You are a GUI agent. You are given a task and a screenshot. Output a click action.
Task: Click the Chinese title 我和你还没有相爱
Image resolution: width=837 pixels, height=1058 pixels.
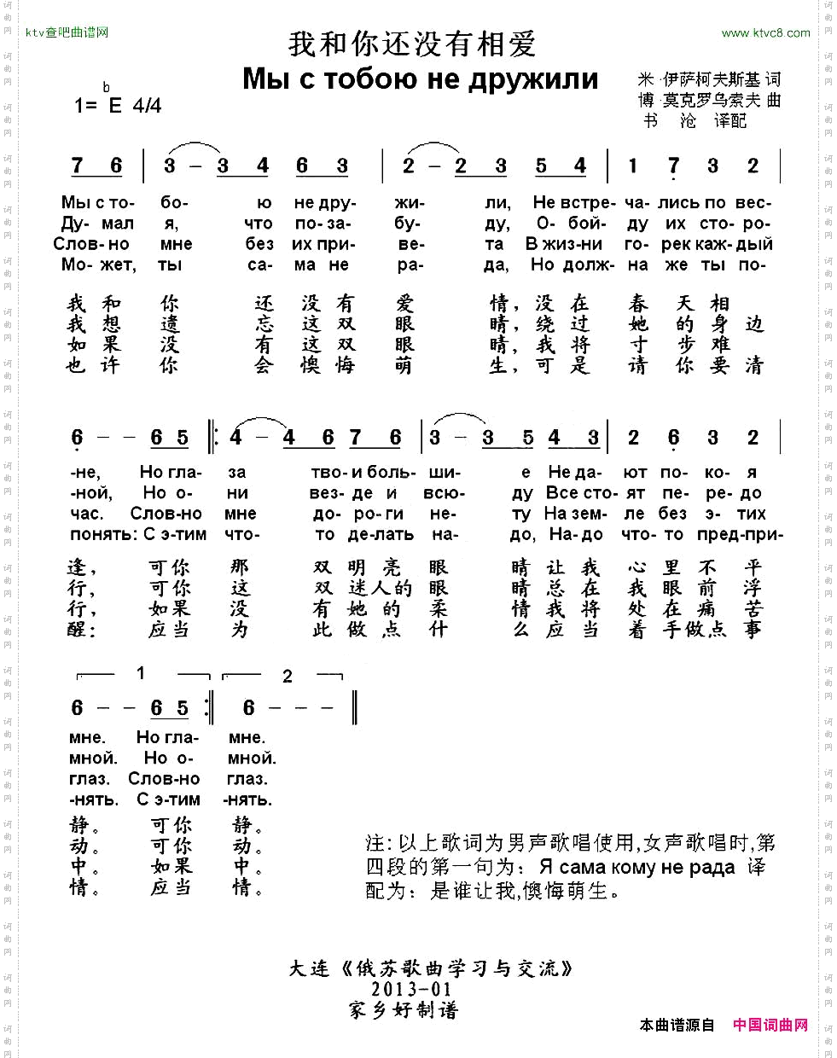(411, 44)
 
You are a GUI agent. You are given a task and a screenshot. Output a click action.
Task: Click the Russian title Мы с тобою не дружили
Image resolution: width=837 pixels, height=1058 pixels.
(420, 78)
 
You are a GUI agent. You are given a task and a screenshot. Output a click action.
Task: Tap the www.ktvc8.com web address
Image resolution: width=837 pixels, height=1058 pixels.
(765, 33)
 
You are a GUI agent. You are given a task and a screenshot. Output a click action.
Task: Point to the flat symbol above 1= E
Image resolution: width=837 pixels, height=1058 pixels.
(107, 87)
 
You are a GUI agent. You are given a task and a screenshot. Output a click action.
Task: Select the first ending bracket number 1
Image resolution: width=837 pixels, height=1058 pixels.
(141, 674)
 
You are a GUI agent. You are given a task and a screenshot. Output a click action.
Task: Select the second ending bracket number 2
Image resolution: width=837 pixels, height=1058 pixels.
(287, 677)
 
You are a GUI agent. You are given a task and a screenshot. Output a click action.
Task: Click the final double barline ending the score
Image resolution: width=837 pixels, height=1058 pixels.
(354, 708)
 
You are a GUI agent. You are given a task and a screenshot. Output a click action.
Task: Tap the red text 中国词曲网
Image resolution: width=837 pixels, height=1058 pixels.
(770, 1025)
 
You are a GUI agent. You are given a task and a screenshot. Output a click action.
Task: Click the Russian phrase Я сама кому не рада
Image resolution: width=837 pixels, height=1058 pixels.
(637, 868)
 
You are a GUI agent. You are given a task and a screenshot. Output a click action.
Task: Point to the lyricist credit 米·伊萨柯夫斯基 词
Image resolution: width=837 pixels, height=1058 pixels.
(708, 79)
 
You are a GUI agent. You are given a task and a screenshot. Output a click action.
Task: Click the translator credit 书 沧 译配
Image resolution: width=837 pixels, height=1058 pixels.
(695, 121)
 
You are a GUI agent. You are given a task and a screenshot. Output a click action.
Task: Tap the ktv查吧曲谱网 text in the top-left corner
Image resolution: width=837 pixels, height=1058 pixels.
(67, 33)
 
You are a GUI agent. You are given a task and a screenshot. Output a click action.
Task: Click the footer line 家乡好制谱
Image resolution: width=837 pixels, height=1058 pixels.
(404, 1010)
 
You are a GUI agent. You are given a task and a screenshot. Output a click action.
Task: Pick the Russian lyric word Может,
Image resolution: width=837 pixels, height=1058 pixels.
(98, 264)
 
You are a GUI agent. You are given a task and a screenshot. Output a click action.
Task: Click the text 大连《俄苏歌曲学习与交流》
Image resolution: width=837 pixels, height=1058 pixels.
(431, 968)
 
